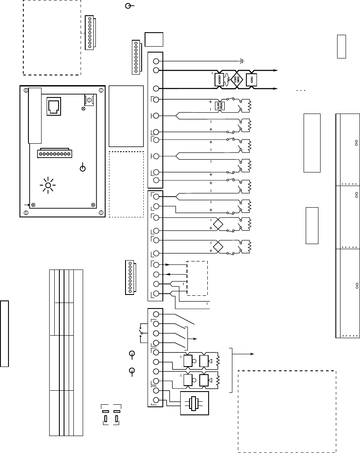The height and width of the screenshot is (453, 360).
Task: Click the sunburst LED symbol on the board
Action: [48, 186]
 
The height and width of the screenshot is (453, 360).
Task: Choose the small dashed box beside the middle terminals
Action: [197, 278]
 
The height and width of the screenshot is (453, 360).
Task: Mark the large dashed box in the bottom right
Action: [287, 411]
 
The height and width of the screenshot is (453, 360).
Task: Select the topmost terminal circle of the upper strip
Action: [156, 61]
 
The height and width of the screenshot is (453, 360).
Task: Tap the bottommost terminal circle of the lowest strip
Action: [156, 400]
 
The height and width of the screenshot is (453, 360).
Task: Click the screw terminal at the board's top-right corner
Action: [89, 100]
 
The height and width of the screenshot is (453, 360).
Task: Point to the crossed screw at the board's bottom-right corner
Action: [93, 205]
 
